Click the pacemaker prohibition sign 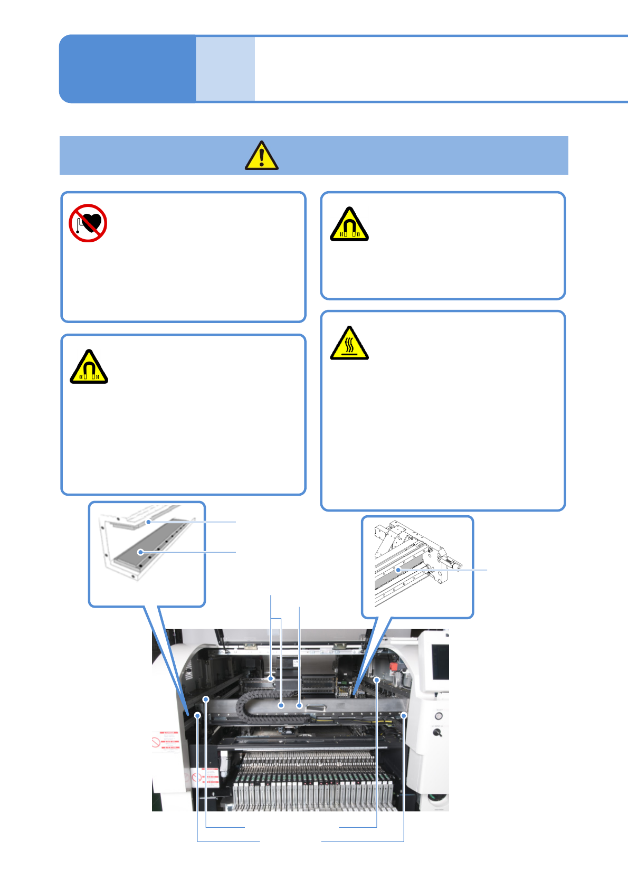click(x=88, y=223)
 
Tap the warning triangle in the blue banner click(x=261, y=156)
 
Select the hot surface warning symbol click(x=349, y=344)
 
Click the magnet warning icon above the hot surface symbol click(x=349, y=225)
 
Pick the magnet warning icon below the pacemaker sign click(x=89, y=367)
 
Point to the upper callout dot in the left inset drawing click(x=149, y=522)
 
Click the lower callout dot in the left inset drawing click(x=140, y=552)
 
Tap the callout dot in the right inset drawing click(x=398, y=570)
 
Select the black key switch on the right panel click(x=437, y=733)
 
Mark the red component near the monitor click(x=394, y=667)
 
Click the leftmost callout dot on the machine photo click(x=197, y=715)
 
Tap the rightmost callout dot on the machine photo click(x=404, y=715)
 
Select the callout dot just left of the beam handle click(x=299, y=705)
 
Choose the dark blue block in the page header click(x=127, y=69)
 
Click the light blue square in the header click(x=225, y=69)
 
